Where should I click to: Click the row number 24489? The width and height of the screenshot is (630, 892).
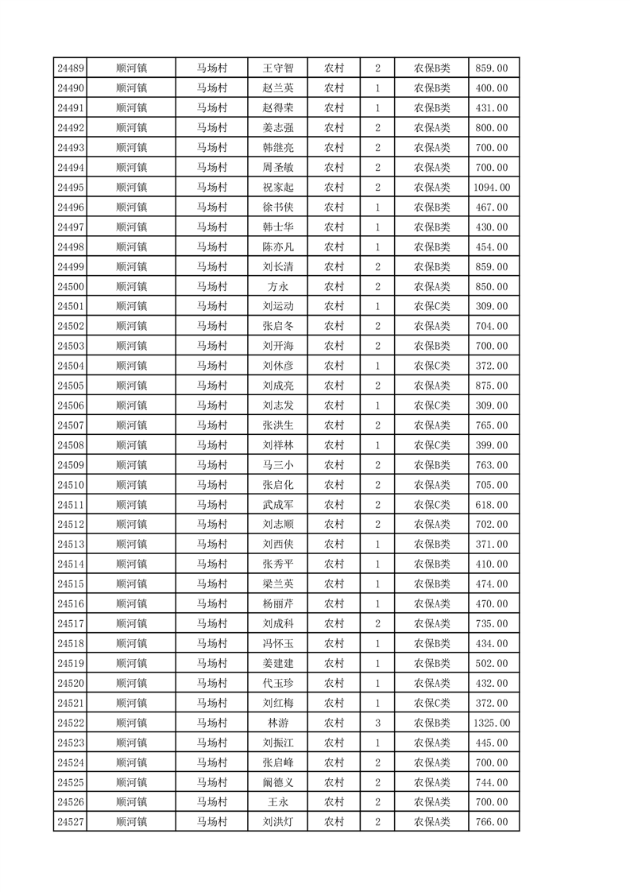(x=72, y=68)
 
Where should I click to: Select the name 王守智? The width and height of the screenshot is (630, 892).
(x=278, y=68)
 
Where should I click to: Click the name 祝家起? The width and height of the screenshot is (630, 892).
(x=278, y=188)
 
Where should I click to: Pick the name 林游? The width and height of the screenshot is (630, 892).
(x=278, y=723)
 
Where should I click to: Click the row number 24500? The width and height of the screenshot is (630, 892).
(x=72, y=287)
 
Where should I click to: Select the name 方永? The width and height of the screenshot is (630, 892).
(x=278, y=287)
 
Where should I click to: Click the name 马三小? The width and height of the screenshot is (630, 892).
(x=278, y=465)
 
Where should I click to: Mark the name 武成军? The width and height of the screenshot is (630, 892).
(x=278, y=505)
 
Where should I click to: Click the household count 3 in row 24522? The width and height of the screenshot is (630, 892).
(x=377, y=723)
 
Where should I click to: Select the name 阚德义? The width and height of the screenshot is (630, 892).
(x=278, y=783)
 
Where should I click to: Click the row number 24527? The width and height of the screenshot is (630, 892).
(x=72, y=823)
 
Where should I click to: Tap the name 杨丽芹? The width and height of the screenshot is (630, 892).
(x=278, y=604)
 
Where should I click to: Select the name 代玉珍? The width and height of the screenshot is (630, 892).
(x=278, y=684)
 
